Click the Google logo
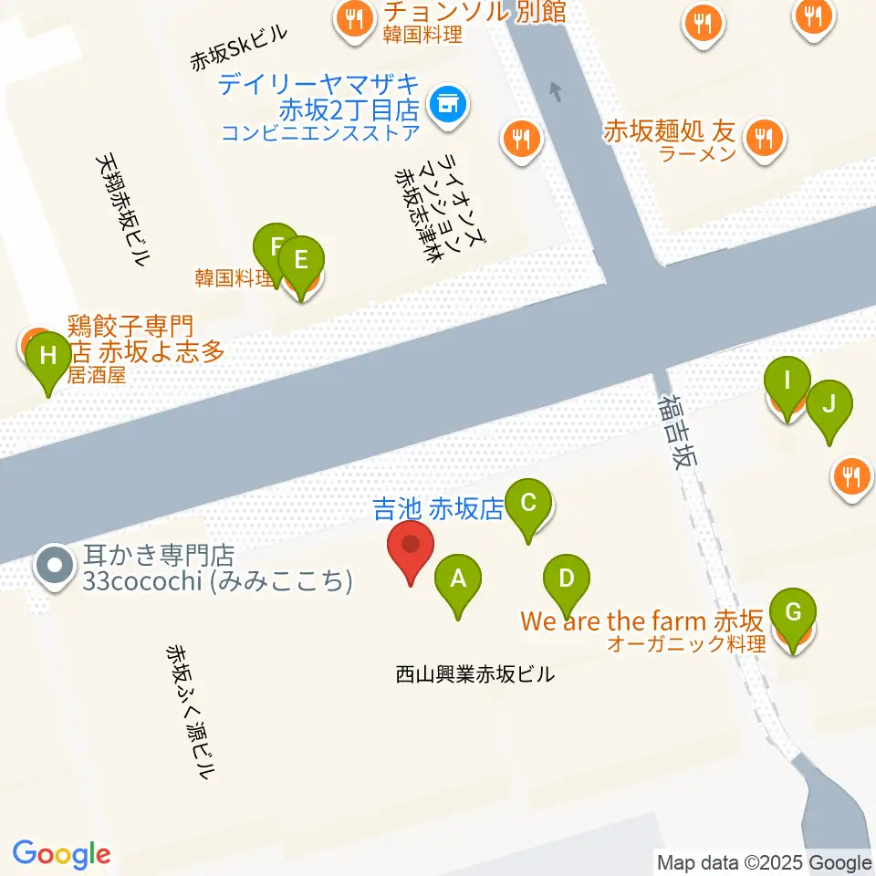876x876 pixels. tap(62, 854)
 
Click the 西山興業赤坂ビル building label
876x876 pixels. tap(474, 675)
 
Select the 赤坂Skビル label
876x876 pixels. tap(239, 48)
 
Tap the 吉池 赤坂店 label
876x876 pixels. tap(439, 509)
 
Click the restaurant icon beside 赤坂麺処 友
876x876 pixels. tap(763, 139)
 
